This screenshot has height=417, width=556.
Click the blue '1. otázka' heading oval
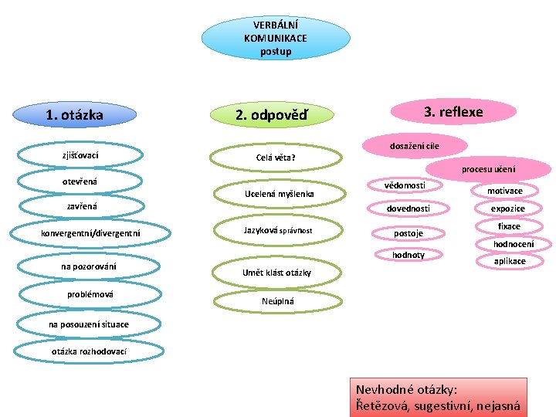(x=74, y=114)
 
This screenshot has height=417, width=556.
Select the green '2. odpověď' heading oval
(x=272, y=114)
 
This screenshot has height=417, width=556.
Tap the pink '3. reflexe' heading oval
(x=453, y=112)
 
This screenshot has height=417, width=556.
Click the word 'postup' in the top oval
(x=276, y=52)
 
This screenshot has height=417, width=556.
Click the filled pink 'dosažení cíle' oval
(x=415, y=146)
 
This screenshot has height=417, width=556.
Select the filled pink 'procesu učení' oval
(x=488, y=169)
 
